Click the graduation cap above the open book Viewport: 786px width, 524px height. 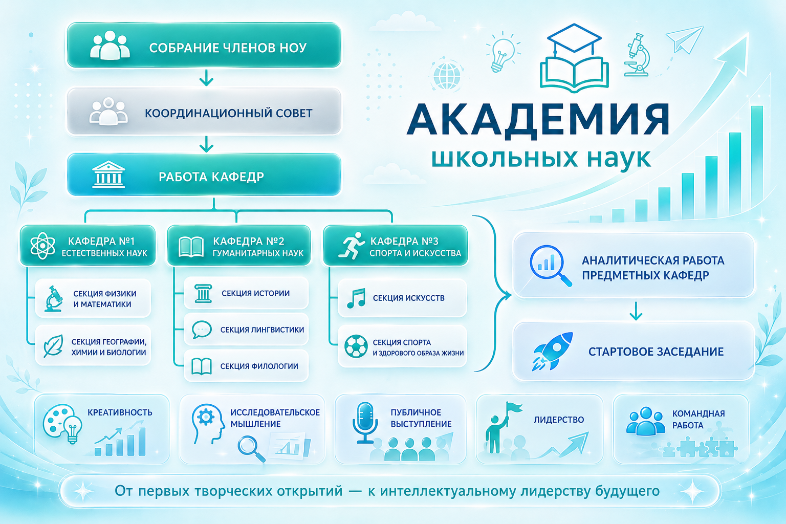574,38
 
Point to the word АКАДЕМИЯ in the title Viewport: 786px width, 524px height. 538,119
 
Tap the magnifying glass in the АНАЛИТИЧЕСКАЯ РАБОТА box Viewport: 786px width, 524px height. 550,266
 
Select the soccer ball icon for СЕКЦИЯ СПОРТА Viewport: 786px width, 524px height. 356,346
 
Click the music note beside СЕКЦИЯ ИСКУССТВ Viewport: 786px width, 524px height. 356,298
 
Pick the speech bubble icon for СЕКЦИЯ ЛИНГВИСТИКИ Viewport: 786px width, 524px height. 202,329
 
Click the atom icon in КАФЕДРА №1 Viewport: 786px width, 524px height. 42,245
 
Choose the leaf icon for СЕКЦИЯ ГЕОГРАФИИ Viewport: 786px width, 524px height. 53,346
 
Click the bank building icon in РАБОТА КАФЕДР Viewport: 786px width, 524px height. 108,174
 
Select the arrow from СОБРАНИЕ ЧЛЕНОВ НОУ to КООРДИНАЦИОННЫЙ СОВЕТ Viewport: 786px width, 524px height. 206,78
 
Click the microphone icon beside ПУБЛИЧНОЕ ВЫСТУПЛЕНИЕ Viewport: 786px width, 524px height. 365,422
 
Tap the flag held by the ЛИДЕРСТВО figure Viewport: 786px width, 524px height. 514,408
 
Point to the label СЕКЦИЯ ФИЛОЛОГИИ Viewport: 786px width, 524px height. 259,366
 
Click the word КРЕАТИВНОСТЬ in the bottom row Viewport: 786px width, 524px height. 120,412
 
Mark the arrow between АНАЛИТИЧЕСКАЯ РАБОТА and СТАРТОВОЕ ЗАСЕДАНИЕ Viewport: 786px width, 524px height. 636,311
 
